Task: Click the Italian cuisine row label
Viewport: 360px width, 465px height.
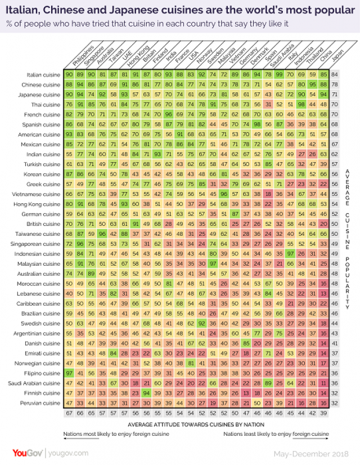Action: click(x=43, y=74)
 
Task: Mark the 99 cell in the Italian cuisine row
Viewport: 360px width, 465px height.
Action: click(x=279, y=74)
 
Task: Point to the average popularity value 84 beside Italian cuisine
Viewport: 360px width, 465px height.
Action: click(x=335, y=74)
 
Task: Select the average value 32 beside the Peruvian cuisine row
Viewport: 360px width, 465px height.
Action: click(x=335, y=404)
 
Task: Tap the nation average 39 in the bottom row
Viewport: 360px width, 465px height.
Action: click(x=323, y=414)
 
